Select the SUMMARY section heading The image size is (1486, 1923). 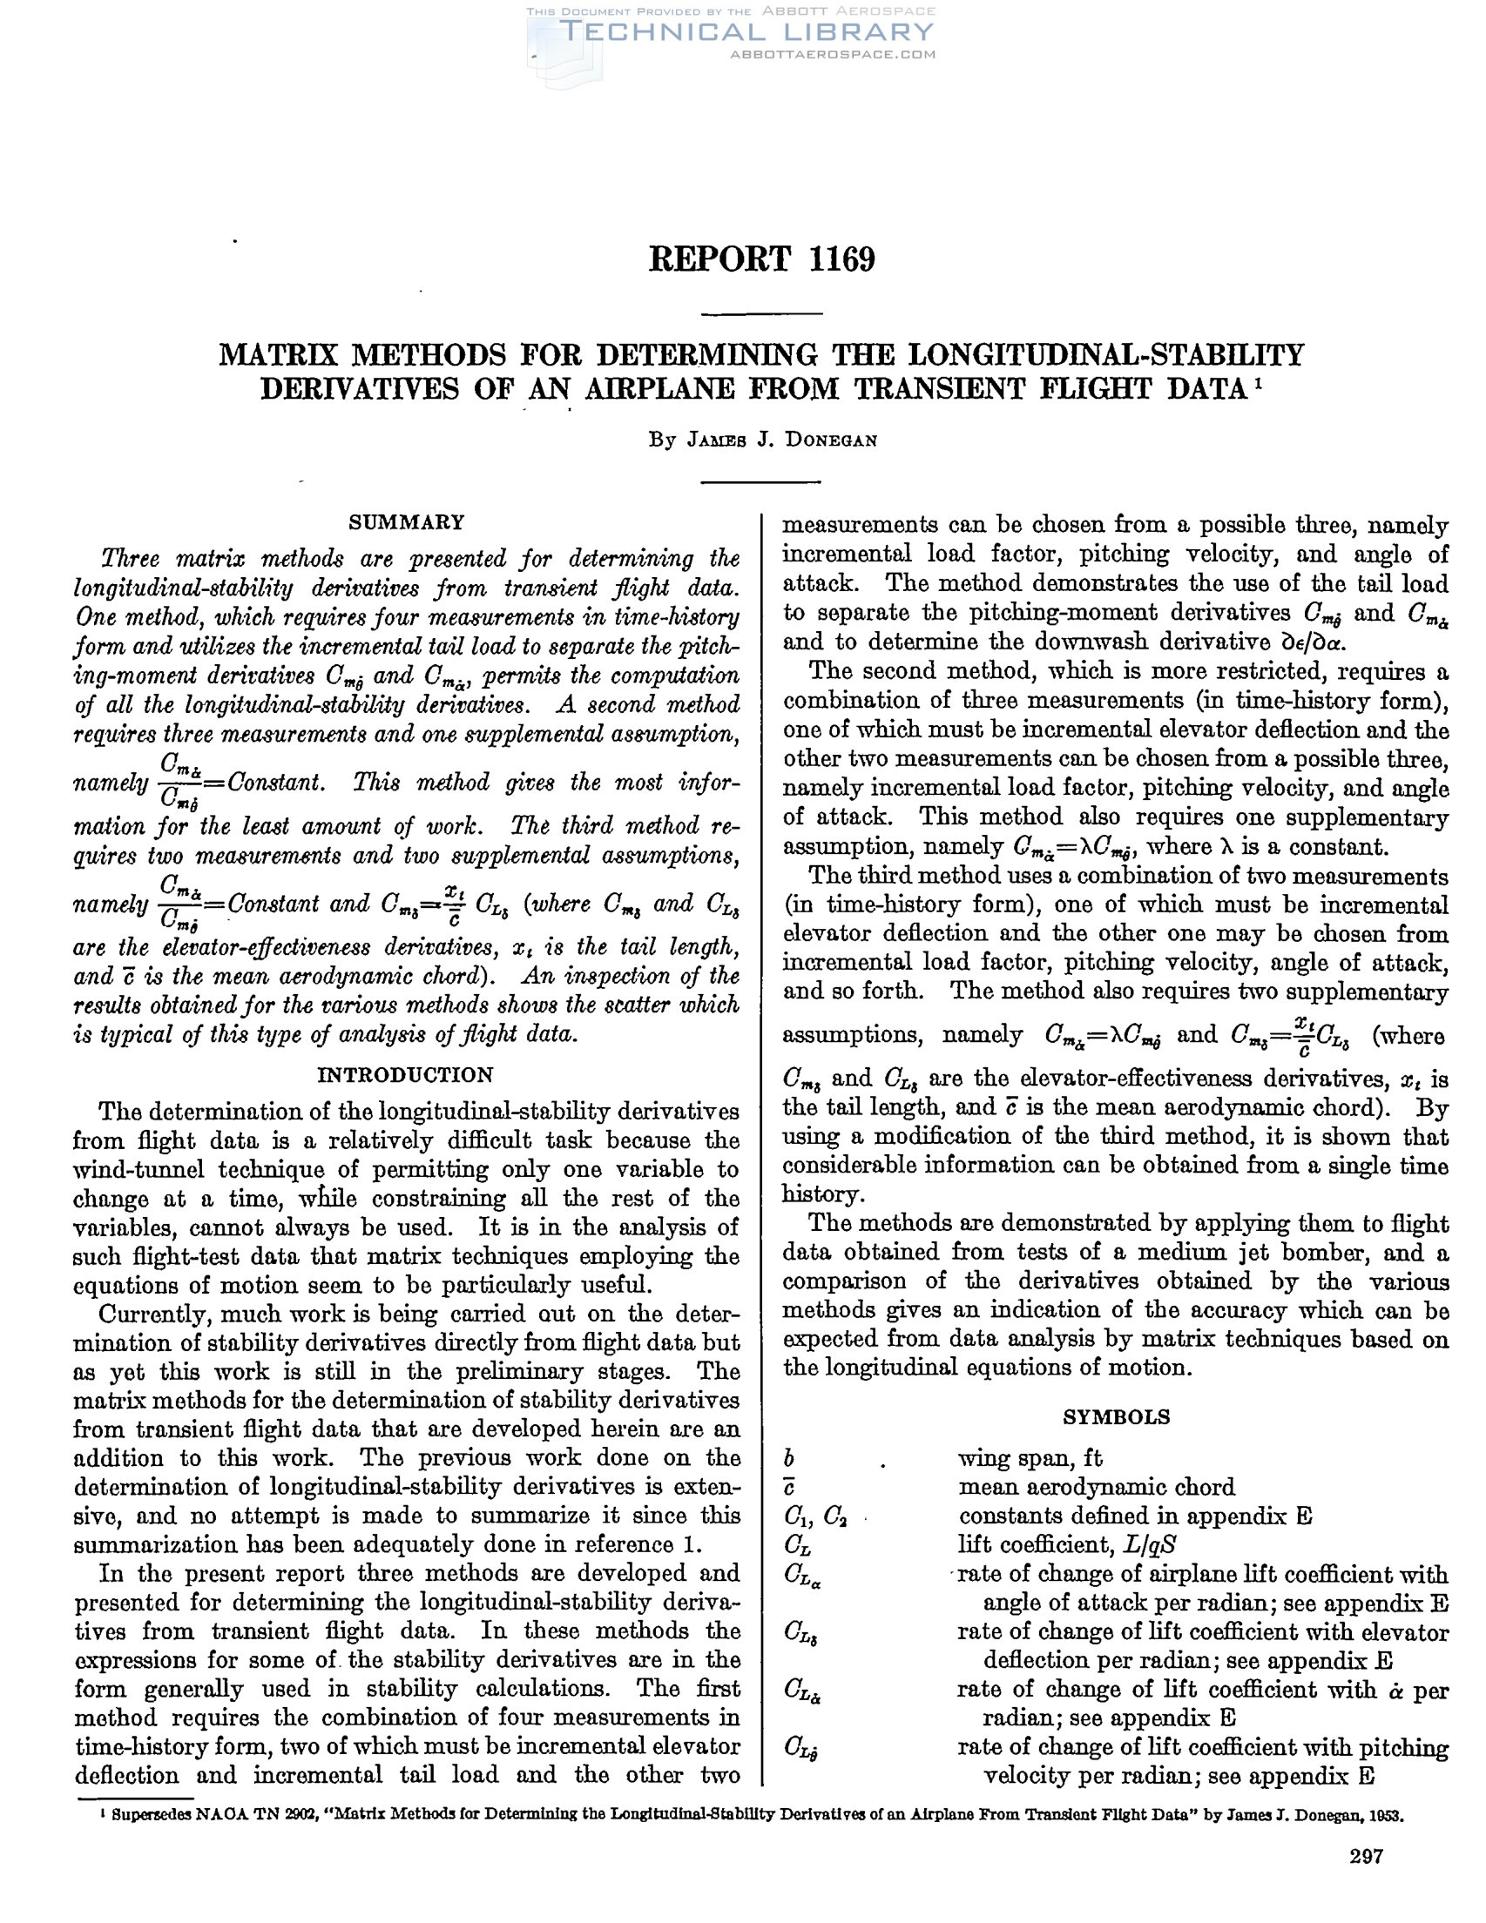[406, 522]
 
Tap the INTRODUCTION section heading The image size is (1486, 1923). [406, 1075]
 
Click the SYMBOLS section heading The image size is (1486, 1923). [1116, 1416]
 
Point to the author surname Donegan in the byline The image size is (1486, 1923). [831, 440]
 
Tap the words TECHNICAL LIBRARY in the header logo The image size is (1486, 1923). [746, 32]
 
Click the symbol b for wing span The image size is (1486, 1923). [789, 1459]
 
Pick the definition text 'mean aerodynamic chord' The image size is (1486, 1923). [1097, 1487]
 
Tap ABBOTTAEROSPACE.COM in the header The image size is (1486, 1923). [833, 55]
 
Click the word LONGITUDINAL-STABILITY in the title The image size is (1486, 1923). [1105, 355]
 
